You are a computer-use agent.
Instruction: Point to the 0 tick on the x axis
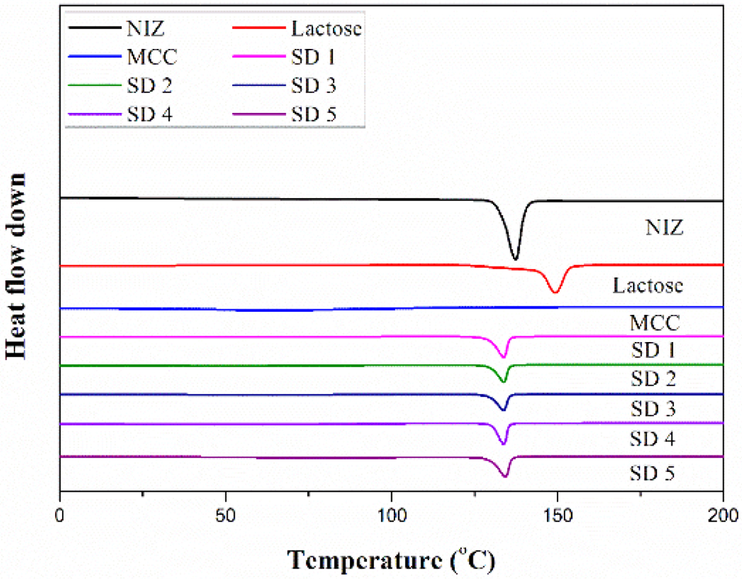59,516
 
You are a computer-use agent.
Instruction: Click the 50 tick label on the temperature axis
225,516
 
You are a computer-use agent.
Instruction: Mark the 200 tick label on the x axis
722,516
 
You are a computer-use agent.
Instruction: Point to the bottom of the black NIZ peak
515,259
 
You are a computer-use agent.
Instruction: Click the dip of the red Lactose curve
555,293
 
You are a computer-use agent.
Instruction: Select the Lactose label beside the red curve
647,286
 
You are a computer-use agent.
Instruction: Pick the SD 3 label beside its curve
653,410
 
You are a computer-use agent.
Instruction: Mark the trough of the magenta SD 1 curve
504,357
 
